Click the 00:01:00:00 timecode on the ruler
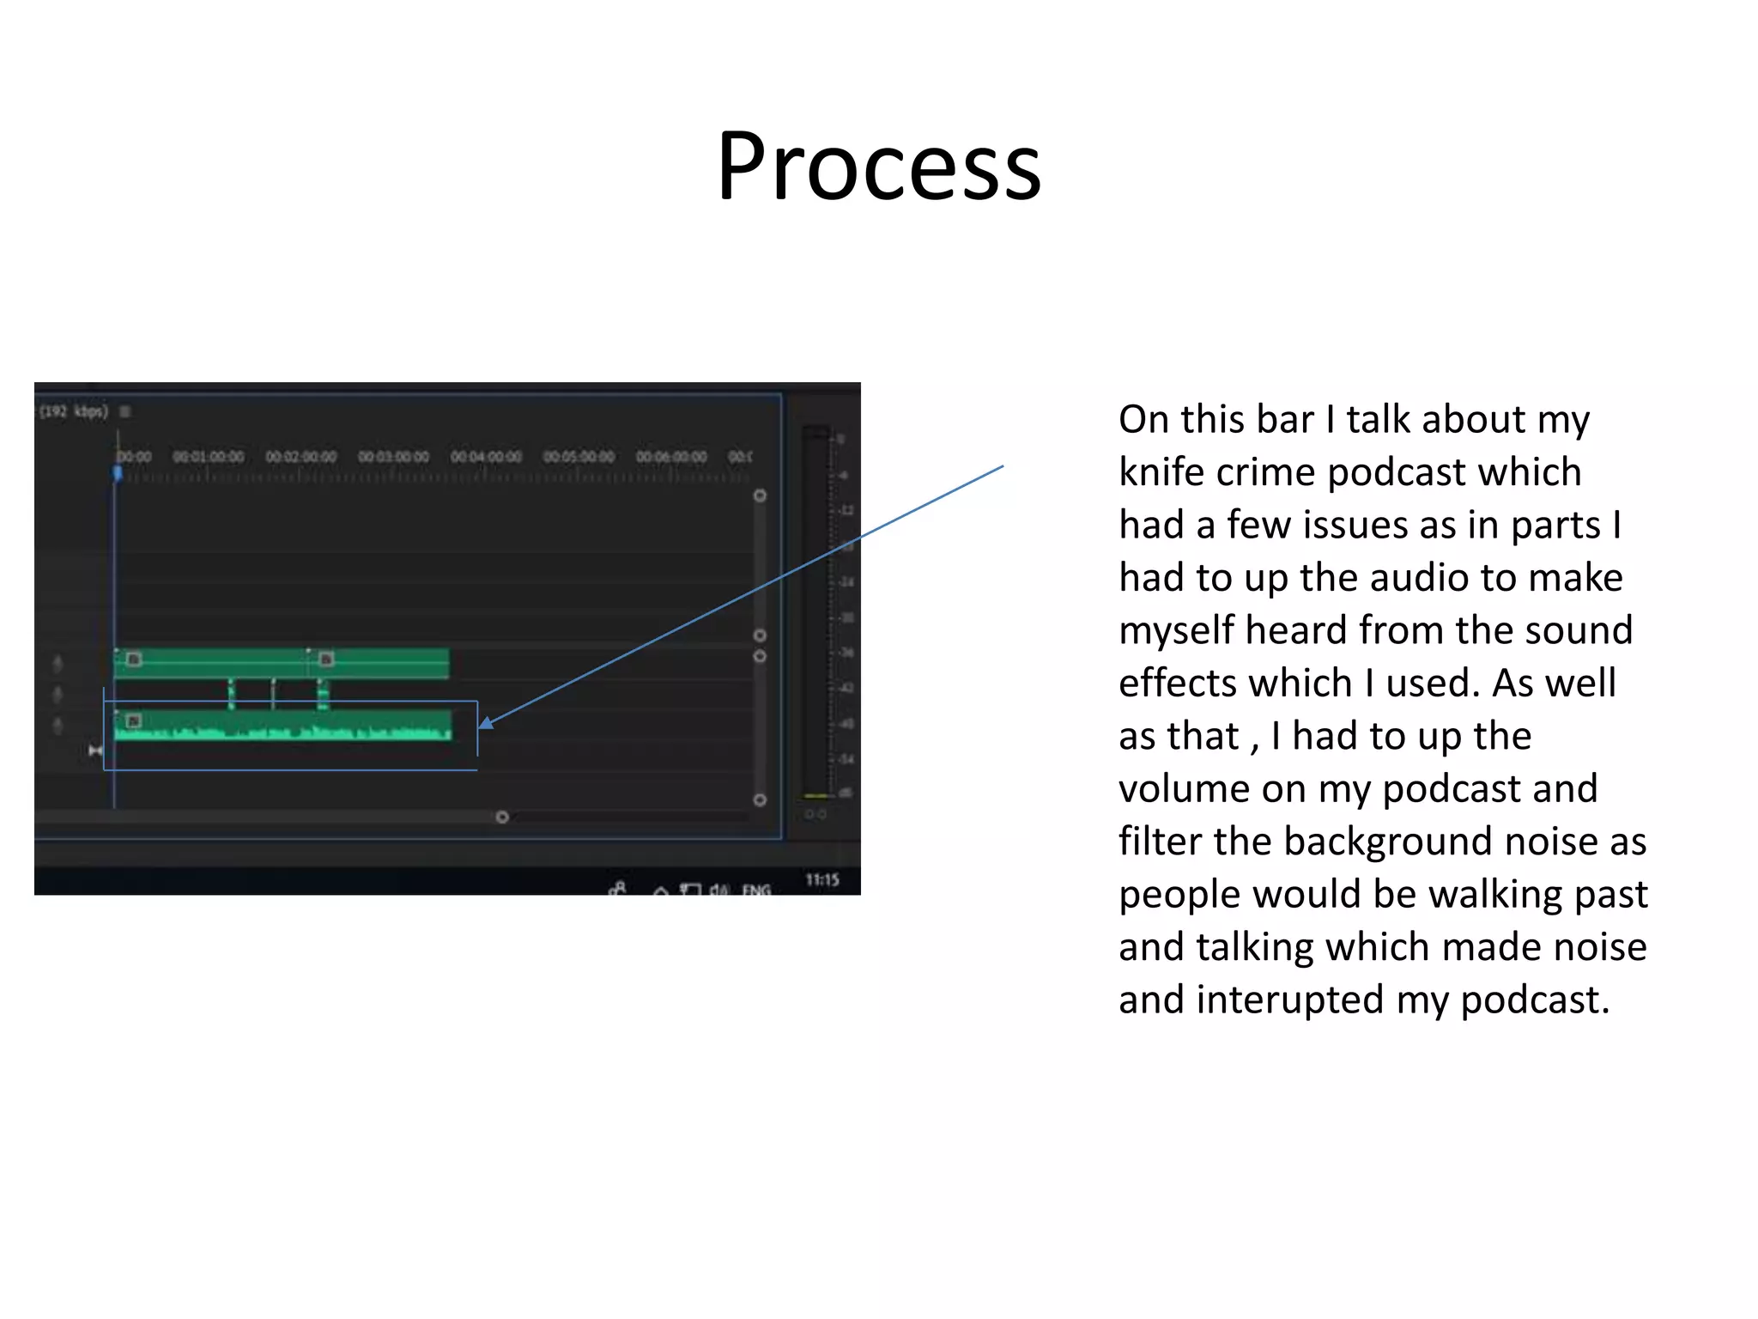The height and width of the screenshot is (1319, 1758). (209, 456)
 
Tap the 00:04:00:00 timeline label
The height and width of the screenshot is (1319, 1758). (486, 456)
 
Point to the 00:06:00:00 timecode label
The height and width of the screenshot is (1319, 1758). (671, 456)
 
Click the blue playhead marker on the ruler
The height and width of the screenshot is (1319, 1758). (118, 473)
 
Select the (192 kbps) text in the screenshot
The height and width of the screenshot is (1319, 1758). (75, 411)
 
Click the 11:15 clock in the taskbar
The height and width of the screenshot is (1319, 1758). (821, 879)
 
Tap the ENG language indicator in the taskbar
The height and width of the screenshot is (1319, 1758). (756, 890)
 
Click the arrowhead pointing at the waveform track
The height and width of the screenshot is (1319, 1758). (486, 723)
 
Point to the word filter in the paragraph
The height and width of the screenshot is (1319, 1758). (1160, 842)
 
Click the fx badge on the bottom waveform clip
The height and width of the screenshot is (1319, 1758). (133, 720)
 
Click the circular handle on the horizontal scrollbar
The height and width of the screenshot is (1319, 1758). (502, 817)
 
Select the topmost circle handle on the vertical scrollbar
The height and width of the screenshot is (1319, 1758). (760, 495)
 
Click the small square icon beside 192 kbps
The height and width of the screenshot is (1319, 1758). (125, 411)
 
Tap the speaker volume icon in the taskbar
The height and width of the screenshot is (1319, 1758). (718, 890)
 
